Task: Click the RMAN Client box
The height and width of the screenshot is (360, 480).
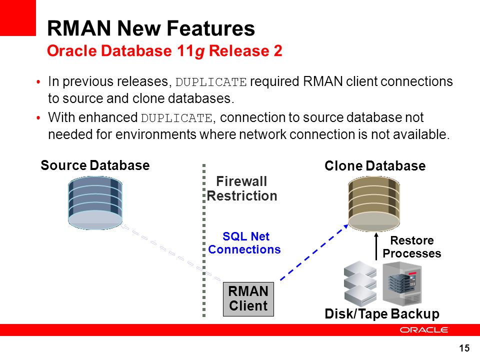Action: click(x=248, y=299)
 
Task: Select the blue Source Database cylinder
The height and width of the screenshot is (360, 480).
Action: click(x=95, y=202)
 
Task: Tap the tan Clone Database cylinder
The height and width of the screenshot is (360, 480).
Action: click(x=374, y=203)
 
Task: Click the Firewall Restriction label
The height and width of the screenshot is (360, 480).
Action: click(x=242, y=188)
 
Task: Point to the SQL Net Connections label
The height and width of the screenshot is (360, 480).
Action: click(x=244, y=243)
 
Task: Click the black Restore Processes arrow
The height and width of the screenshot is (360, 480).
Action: click(x=376, y=246)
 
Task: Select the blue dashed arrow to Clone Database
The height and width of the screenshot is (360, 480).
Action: click(x=314, y=252)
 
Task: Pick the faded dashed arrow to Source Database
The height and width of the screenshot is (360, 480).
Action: click(x=170, y=252)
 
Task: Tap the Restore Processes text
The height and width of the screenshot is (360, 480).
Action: click(x=411, y=246)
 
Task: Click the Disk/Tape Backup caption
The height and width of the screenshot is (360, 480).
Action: click(x=382, y=314)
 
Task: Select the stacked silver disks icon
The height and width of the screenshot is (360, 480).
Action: click(x=360, y=283)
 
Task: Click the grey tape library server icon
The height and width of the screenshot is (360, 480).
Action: click(x=402, y=283)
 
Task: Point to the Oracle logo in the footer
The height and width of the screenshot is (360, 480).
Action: click(x=424, y=329)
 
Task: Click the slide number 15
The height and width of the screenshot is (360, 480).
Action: click(x=464, y=348)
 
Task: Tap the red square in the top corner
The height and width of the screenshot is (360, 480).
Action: click(x=18, y=18)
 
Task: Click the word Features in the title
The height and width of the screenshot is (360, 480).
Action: click(x=211, y=28)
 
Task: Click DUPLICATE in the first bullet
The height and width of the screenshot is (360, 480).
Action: click(x=211, y=82)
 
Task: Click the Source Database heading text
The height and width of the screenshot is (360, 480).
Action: click(x=95, y=165)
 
